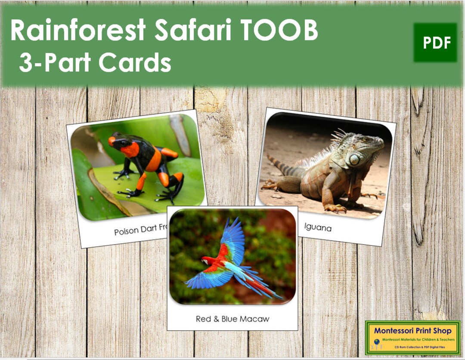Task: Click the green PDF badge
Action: (435, 43)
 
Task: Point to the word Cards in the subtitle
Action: (135, 63)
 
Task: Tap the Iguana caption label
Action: (318, 227)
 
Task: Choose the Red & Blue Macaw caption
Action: (232, 319)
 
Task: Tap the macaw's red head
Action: (207, 261)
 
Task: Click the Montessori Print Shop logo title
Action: (412, 331)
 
